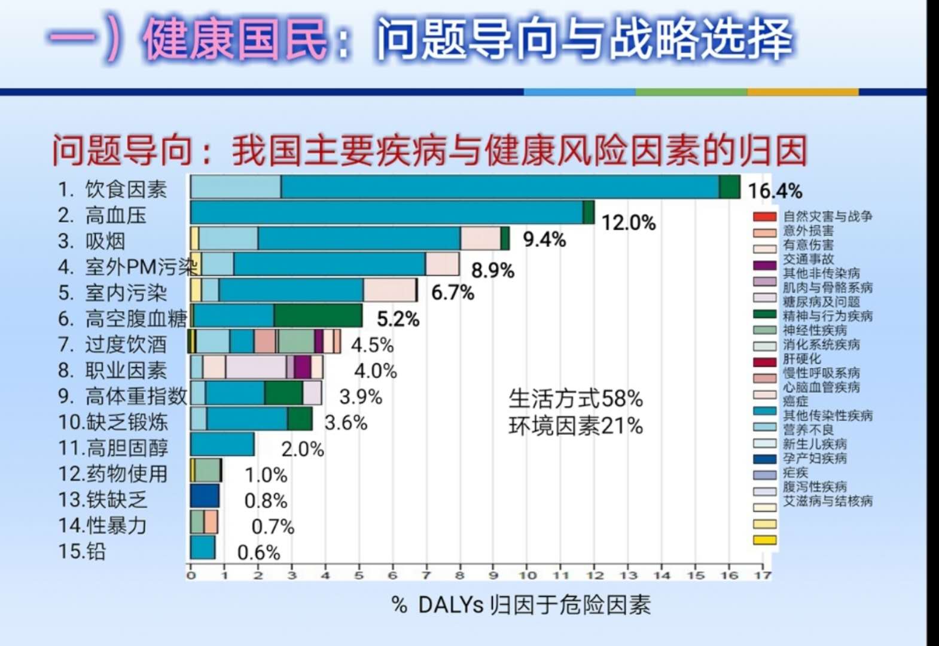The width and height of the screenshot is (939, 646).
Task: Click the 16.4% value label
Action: tap(775, 191)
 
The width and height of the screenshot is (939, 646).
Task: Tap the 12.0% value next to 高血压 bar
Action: tap(628, 223)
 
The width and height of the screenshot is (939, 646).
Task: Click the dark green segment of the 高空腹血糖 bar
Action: tap(318, 316)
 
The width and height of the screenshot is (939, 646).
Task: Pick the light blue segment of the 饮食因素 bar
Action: tap(236, 187)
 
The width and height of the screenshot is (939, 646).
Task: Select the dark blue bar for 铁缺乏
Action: tap(205, 496)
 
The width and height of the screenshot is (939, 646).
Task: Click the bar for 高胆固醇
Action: tap(222, 444)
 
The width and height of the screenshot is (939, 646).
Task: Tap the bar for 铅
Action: tap(203, 547)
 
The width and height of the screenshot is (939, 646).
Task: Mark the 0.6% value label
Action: tap(258, 552)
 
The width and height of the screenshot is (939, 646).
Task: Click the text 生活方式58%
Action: tap(575, 398)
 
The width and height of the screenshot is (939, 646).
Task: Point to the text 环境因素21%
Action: tap(575, 426)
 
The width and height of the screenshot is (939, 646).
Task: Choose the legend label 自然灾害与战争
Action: tap(828, 216)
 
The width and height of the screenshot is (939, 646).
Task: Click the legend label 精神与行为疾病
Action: tap(828, 316)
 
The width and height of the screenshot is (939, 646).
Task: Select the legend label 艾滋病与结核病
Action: tap(828, 501)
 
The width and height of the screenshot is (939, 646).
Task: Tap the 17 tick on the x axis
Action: tap(762, 575)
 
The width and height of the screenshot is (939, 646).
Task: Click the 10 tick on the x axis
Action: tap(527, 575)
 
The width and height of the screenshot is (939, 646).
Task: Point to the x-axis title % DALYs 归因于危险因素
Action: tap(521, 605)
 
